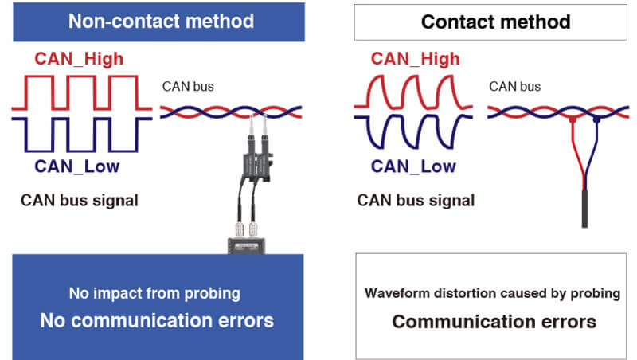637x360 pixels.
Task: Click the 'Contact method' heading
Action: coord(495,22)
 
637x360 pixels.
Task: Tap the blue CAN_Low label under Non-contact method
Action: coord(80,166)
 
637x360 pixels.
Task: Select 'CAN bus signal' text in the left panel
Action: coord(79,200)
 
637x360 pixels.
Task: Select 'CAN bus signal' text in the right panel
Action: coord(416,200)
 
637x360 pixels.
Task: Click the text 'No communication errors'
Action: coord(157,320)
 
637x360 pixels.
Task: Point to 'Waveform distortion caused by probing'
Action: coord(492,293)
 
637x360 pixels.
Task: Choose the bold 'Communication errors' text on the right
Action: coord(494,322)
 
